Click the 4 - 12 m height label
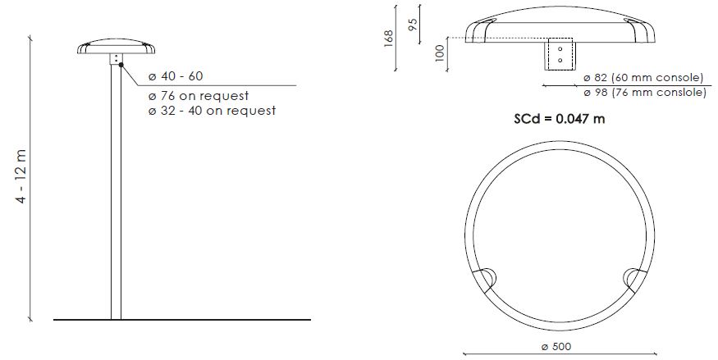click(x=22, y=176)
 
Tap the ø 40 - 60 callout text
click(x=176, y=76)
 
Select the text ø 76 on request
click(x=199, y=96)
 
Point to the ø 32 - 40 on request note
click(x=212, y=111)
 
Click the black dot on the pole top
click(x=121, y=65)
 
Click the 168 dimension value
click(x=388, y=39)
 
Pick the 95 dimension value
click(x=412, y=25)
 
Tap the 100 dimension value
click(x=440, y=52)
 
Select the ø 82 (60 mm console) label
click(x=643, y=78)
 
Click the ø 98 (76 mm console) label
click(x=645, y=93)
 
